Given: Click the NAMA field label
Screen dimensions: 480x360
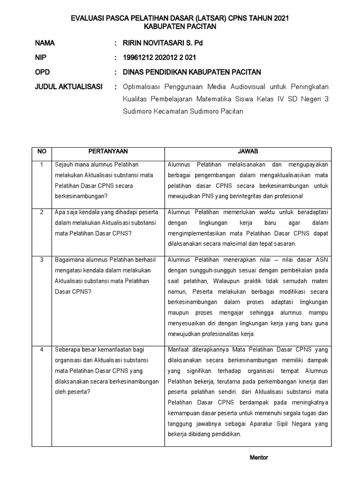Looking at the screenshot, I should pyautogui.click(x=45, y=43).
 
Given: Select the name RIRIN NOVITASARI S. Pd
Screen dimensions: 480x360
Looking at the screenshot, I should pyautogui.click(x=163, y=43).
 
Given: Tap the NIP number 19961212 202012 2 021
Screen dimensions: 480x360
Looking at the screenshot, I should pyautogui.click(x=159, y=58).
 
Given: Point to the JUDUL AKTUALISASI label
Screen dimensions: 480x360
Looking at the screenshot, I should pyautogui.click(x=65, y=87).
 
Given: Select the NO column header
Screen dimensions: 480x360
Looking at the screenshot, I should pyautogui.click(x=41, y=151).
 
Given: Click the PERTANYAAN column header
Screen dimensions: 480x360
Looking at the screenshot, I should pyautogui.click(x=108, y=151).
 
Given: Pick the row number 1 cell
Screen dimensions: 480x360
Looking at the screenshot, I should pyautogui.click(x=41, y=165).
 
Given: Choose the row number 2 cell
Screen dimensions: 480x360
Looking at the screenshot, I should pyautogui.click(x=41, y=212).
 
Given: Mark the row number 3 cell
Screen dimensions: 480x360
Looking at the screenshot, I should pyautogui.click(x=41, y=260).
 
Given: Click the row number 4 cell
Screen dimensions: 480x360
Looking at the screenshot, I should pyautogui.click(x=41, y=350).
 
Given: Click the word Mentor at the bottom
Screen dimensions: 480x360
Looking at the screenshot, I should pyautogui.click(x=258, y=457).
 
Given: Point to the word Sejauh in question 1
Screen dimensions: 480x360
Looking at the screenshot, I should pyautogui.click(x=64, y=165).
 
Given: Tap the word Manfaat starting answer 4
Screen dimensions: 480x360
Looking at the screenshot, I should pyautogui.click(x=179, y=350).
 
